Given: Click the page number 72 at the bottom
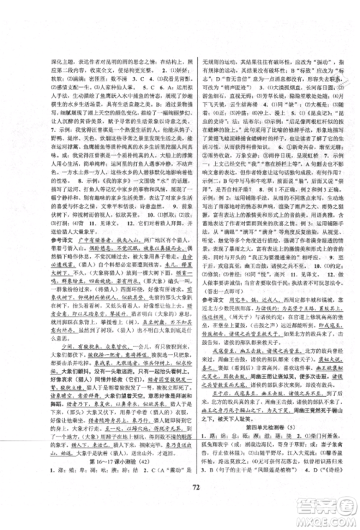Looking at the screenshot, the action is pos(180,510).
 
